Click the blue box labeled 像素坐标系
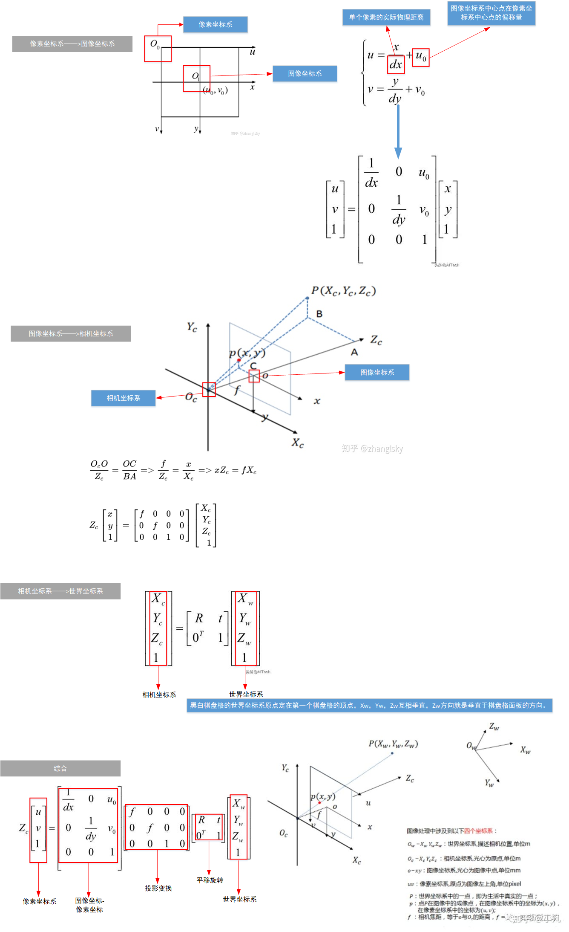215,24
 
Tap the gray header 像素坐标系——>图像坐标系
72,43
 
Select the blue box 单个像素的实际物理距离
386,17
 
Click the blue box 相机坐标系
123,398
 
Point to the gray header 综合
60,768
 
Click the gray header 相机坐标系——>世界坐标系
60,591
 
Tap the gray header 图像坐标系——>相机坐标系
71,333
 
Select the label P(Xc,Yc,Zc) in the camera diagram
343,291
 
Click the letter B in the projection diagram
319,314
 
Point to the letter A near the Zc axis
354,352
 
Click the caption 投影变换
158,888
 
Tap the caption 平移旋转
210,880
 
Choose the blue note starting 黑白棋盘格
369,705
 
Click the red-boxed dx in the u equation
396,64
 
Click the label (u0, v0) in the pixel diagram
216,90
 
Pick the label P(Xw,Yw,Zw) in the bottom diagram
393,744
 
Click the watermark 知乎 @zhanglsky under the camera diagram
372,448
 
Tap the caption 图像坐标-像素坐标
89,905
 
